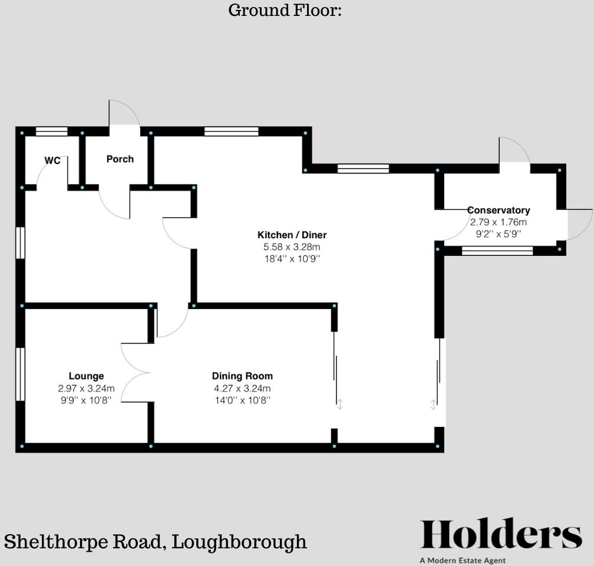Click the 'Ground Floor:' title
[x=285, y=11]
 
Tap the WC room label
[x=52, y=161]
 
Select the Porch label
[x=120, y=159]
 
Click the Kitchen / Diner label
[x=292, y=235]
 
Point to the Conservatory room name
[x=499, y=210]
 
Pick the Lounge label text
[x=86, y=376]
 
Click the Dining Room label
[x=242, y=376]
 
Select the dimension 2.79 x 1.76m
[x=499, y=222]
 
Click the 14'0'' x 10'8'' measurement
[x=242, y=400]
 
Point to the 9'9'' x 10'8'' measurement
[x=86, y=400]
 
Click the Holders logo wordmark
[x=500, y=535]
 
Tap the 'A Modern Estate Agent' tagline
[x=463, y=561]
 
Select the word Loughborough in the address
[x=239, y=542]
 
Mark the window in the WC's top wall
[x=51, y=132]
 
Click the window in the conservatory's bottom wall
[x=497, y=251]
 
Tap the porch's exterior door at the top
[x=124, y=116]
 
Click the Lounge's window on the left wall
[x=19, y=374]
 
